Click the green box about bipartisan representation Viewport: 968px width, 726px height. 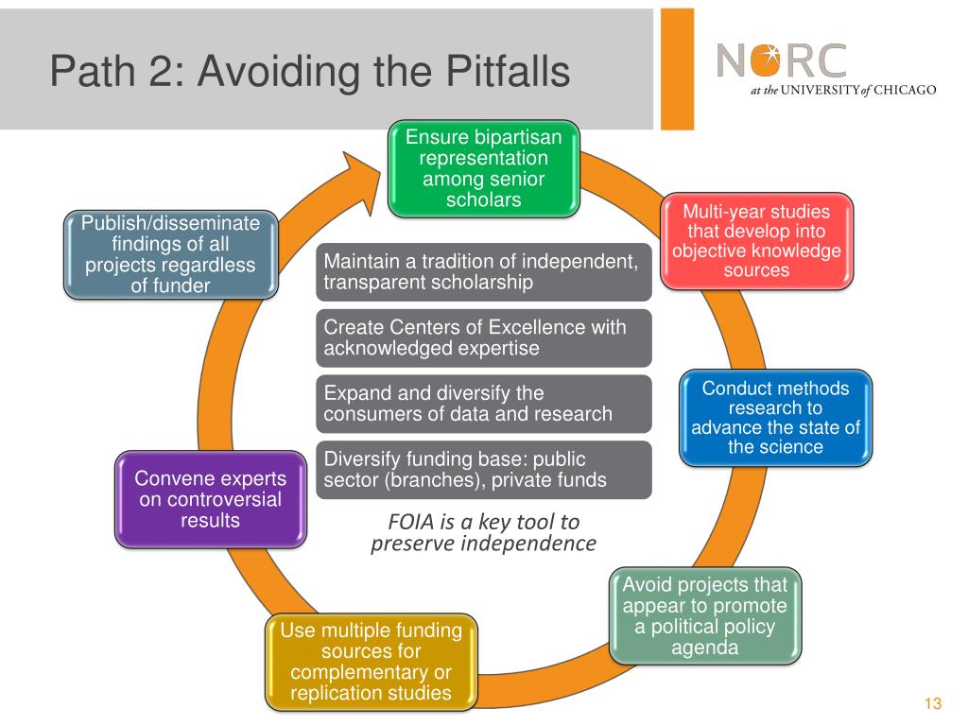pos(483,168)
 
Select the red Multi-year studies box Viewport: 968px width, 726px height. pos(756,240)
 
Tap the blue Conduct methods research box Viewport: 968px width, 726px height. pos(775,417)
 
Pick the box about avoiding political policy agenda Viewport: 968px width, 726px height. pos(704,614)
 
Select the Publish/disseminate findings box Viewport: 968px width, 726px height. pos(170,254)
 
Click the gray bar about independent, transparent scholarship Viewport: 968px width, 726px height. pos(483,271)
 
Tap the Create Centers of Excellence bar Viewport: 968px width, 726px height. pos(483,337)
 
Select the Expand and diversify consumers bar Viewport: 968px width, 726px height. pos(483,404)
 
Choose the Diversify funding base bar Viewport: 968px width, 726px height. pos(483,470)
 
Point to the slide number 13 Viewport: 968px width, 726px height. pos(934,703)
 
